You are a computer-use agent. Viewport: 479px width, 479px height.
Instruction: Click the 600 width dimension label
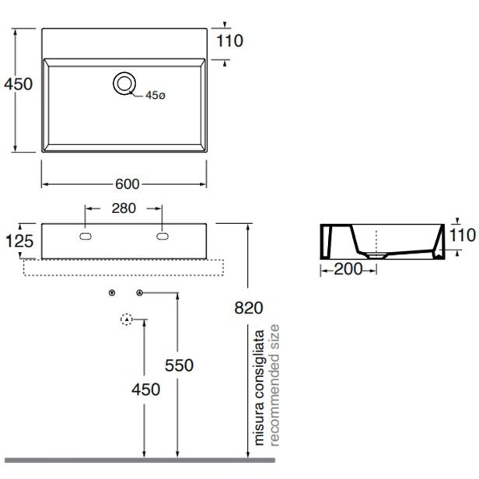pos(127,184)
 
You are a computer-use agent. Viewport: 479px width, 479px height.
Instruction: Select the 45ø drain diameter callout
pos(156,96)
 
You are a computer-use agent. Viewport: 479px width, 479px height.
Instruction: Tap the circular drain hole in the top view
pos(124,83)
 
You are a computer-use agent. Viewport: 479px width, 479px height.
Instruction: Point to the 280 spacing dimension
pos(124,208)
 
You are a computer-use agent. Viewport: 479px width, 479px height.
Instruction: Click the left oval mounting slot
pos(86,236)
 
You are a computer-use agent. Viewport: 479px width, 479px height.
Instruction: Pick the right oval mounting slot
pos(163,236)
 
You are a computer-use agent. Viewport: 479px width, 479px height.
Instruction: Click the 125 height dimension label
pos(19,241)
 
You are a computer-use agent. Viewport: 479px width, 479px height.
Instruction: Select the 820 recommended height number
pos(249,308)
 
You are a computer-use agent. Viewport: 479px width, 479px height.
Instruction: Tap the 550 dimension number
pos(179,365)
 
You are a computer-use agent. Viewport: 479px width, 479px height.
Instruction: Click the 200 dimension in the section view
pos(348,269)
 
